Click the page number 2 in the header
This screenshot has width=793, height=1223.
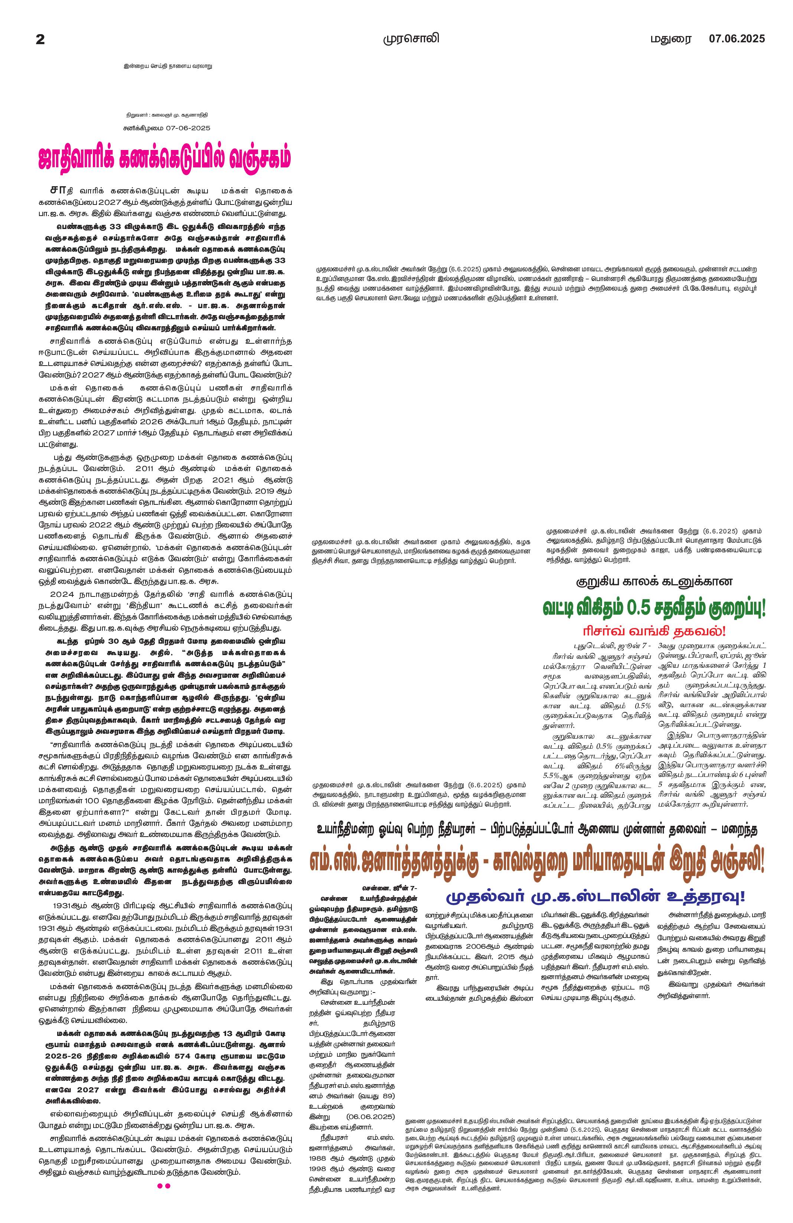tap(40, 39)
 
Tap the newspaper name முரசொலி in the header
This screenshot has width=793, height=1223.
tap(411, 39)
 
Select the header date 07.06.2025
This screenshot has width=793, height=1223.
tap(737, 39)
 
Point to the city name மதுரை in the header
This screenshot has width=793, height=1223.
tap(671, 39)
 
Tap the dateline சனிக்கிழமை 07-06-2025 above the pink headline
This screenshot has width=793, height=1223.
tap(167, 128)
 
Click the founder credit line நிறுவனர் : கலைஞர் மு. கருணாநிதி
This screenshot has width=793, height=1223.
tap(167, 115)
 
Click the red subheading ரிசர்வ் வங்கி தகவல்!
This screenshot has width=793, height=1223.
tap(654, 631)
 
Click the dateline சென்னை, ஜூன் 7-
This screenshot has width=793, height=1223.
tap(389, 888)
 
